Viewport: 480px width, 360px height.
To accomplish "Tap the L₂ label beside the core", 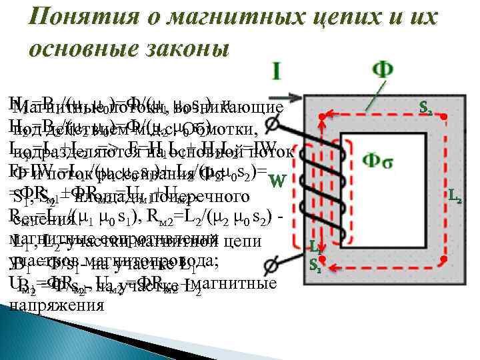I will point(457,197).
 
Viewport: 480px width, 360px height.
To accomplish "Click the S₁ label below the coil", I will point(315,265).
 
